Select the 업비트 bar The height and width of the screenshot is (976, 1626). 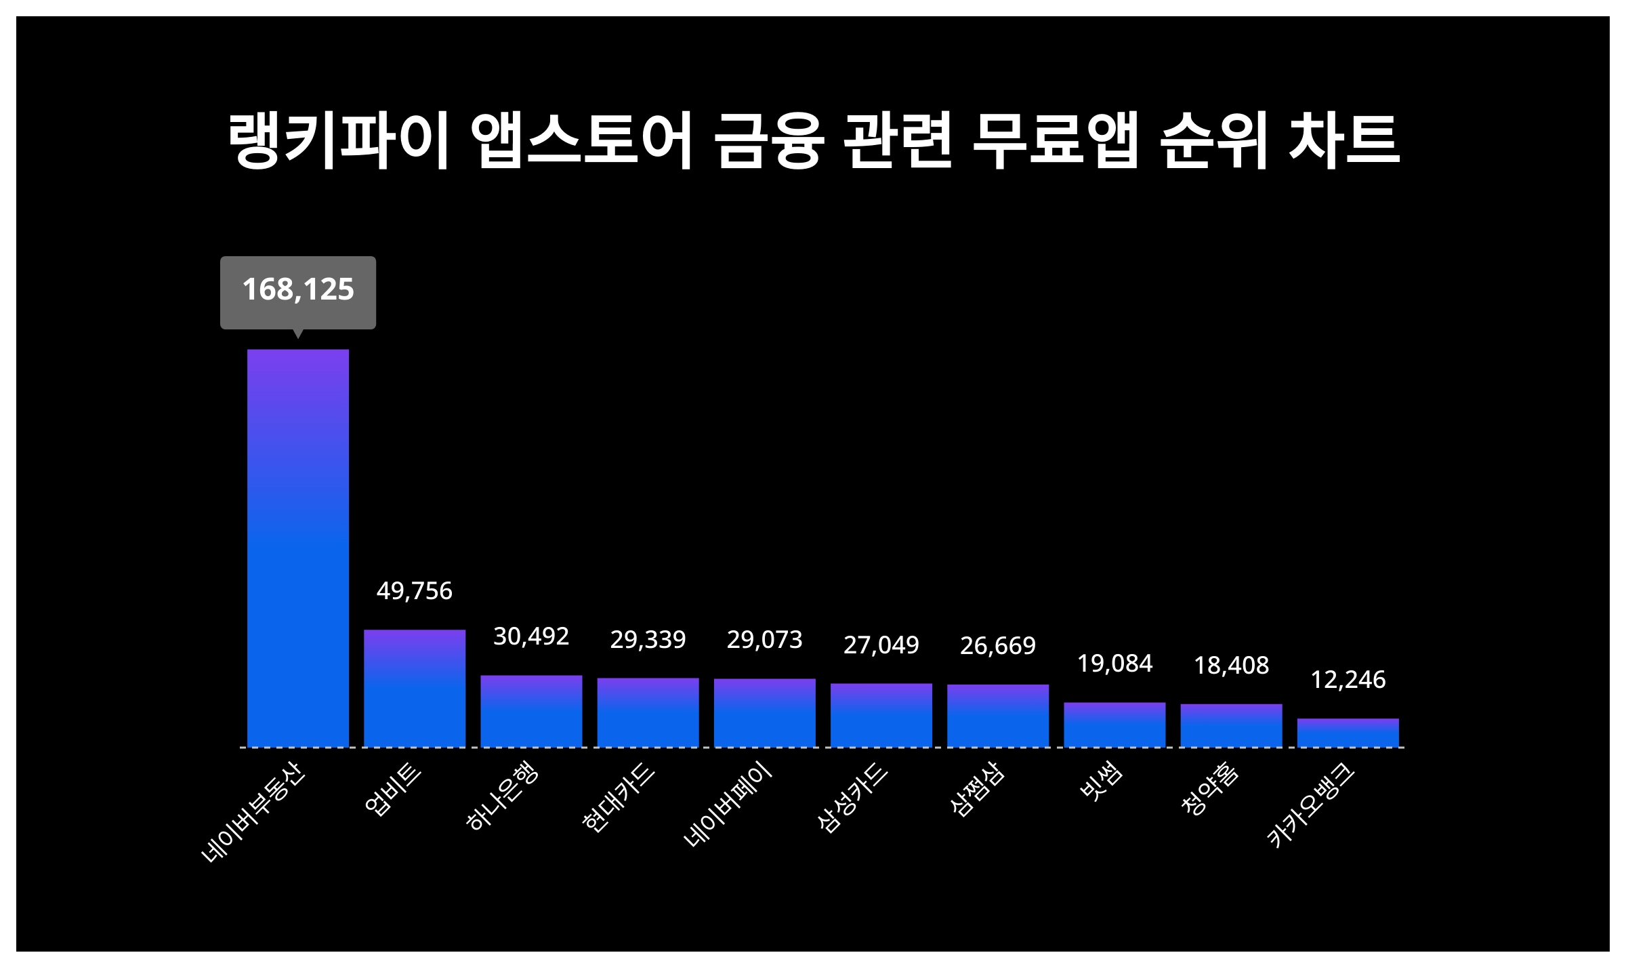click(x=415, y=688)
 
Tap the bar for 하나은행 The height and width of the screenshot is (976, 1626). click(x=531, y=711)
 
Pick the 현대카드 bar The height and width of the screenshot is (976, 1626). click(x=648, y=712)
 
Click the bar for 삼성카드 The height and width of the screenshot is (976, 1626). click(x=881, y=715)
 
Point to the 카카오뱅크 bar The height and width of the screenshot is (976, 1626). click(x=1348, y=733)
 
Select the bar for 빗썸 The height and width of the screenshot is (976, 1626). click(x=1114, y=725)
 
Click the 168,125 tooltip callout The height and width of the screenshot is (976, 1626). click(x=298, y=291)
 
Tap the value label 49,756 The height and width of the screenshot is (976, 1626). click(x=415, y=591)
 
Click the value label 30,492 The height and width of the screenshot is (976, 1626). click(x=531, y=636)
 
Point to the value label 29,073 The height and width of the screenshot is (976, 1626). click(x=765, y=640)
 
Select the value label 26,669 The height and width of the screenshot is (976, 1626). click(x=998, y=646)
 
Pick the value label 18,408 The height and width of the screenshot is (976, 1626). click(x=1232, y=666)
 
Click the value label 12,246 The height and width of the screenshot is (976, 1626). click(x=1348, y=680)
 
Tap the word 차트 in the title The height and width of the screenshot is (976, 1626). click(x=1344, y=140)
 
